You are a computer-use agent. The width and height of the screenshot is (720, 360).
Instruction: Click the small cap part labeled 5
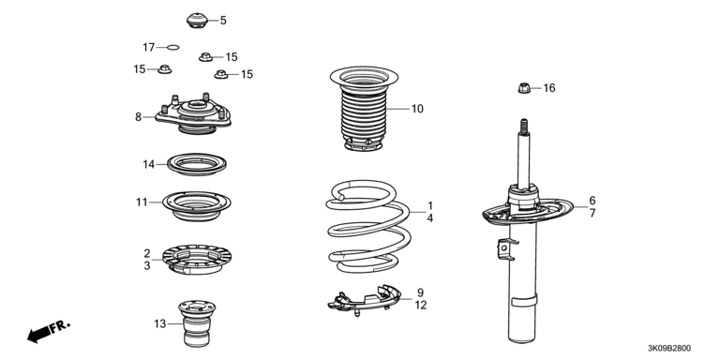coord(198,21)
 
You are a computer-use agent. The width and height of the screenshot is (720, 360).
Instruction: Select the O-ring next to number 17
coord(173,47)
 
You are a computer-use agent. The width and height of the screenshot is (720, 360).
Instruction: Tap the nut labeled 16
coord(524,87)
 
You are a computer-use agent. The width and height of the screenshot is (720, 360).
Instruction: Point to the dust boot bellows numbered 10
coord(364,109)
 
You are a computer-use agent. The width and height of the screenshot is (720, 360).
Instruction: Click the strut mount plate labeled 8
coord(193,114)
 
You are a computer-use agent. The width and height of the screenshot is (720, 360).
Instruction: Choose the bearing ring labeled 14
coord(197,164)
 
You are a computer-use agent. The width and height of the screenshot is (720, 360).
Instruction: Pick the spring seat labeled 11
coord(197,205)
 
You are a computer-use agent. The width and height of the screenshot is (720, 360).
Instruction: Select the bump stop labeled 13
coord(197,323)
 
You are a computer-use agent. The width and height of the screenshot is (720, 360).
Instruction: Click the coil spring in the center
coord(368,226)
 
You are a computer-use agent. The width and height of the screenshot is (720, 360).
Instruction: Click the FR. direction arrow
coord(49,331)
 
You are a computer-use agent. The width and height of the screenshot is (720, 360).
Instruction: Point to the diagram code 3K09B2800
coord(669,349)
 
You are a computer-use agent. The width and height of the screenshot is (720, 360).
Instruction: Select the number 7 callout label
coord(592,213)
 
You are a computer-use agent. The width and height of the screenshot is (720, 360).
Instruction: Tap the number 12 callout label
coord(421,305)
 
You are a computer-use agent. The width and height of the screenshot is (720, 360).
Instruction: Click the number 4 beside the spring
coord(429,218)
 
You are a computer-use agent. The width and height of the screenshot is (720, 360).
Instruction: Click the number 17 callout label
coord(149,47)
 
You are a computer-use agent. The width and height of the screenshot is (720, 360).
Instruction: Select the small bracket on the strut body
coord(506,250)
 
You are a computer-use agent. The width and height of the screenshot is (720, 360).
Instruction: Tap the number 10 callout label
coord(417,109)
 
